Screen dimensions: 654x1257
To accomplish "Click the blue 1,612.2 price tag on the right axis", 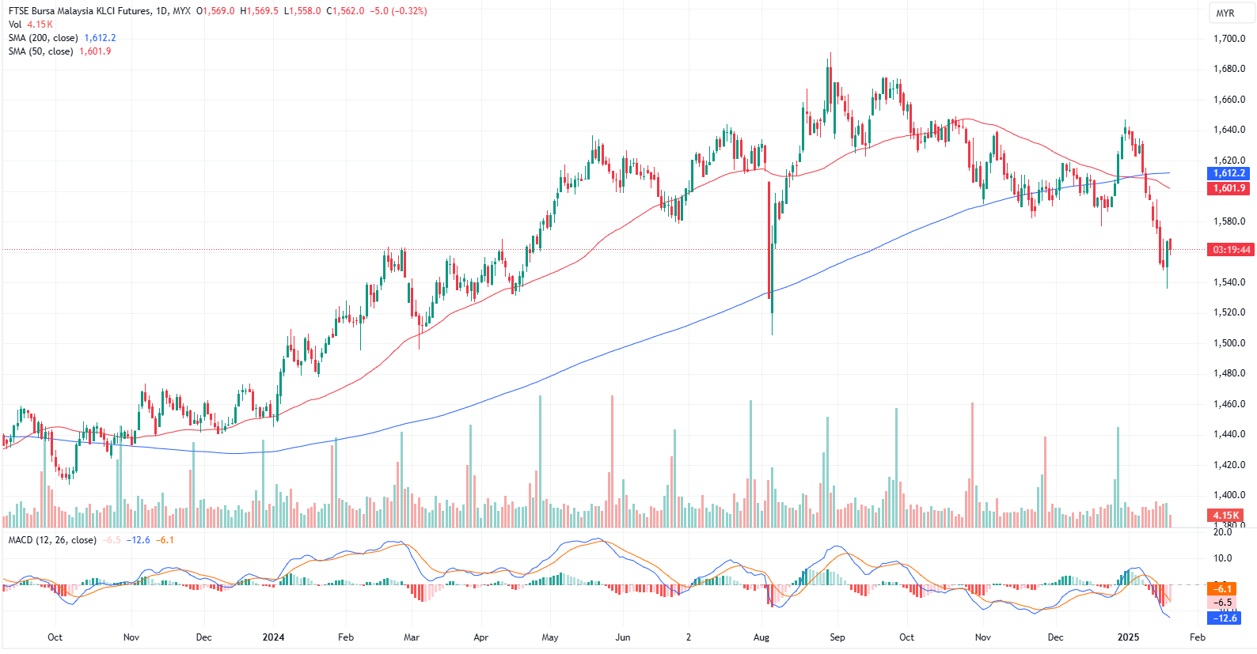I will [x=1229, y=173].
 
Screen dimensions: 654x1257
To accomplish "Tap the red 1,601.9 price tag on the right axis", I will [x=1229, y=188].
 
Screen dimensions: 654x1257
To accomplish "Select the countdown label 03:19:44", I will [x=1232, y=250].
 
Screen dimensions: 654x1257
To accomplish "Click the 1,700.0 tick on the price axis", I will [x=1229, y=39].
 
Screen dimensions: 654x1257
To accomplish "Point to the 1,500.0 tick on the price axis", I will [x=1229, y=343].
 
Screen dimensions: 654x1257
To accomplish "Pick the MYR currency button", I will [x=1225, y=13].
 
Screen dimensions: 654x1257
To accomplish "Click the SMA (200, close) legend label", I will [x=44, y=38].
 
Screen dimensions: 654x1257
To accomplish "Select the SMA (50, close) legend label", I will [x=41, y=51].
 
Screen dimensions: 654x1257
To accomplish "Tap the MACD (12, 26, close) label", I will [x=52, y=540].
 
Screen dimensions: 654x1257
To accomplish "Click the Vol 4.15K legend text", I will [x=31, y=25].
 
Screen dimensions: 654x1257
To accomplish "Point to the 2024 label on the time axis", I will [x=273, y=637].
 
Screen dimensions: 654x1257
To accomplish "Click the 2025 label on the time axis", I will [x=1128, y=637].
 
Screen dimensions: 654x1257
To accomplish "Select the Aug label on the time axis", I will [x=761, y=637].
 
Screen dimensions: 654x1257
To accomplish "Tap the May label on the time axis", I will [x=550, y=637].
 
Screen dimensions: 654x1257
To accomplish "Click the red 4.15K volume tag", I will [x=1226, y=516].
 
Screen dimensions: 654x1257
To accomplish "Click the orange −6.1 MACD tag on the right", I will [x=1224, y=588].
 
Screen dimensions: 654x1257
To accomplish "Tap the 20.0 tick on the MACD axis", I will [x=1223, y=532].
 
